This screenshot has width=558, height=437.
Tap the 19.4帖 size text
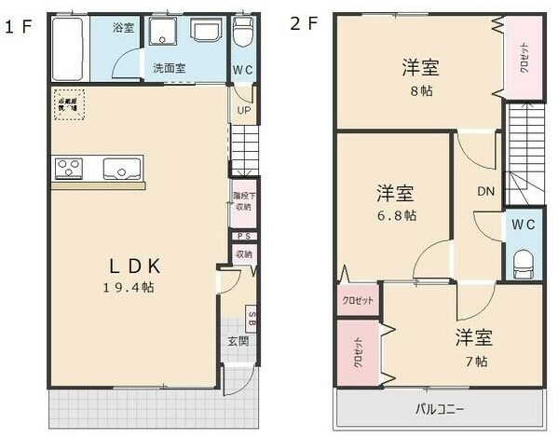129,287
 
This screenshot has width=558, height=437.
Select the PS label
242,237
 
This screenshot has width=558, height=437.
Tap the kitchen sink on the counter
122,169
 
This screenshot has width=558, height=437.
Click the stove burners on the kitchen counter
69,169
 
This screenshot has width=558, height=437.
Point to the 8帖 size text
420,91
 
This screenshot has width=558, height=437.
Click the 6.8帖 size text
397,215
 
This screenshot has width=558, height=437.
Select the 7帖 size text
474,361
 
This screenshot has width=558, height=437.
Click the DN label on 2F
485,192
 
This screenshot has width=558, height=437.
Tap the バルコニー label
439,409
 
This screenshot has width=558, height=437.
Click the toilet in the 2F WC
522,260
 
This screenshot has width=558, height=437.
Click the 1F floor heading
18,26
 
